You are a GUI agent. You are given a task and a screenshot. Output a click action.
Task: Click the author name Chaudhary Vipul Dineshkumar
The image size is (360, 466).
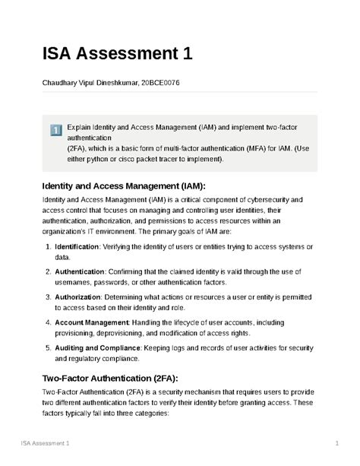click(85, 82)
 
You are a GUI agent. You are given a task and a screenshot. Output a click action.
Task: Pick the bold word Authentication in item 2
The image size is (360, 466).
click(80, 272)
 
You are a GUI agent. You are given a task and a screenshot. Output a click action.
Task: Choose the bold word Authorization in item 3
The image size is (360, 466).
click(78, 296)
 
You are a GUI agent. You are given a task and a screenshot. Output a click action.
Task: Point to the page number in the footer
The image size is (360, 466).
click(335, 442)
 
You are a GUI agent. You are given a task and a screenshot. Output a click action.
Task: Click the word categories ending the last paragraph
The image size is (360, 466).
click(149, 417)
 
